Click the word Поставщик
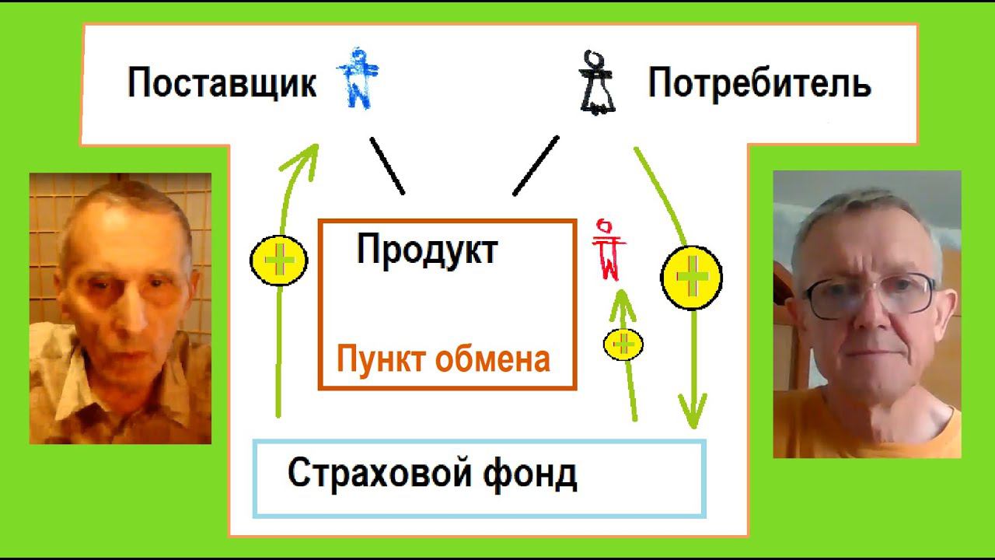222,83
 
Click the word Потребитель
759,83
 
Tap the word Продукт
427,250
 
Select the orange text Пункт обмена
443,359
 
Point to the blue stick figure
358,78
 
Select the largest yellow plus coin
691,277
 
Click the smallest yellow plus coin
623,343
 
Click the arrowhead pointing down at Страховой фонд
692,411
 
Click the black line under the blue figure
387,166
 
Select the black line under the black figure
536,166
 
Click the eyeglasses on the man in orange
869,295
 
